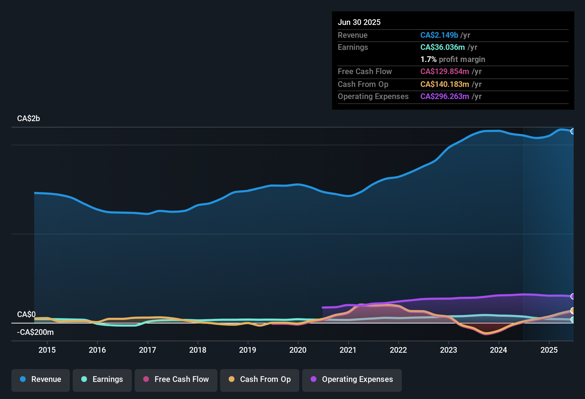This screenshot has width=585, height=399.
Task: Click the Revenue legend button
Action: pyautogui.click(x=41, y=379)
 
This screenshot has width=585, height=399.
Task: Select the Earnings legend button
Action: pyautogui.click(x=102, y=379)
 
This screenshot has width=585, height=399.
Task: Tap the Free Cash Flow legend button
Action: pyautogui.click(x=176, y=379)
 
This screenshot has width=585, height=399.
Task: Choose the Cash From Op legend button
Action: pyautogui.click(x=260, y=379)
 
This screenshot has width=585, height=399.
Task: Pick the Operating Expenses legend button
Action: pyautogui.click(x=352, y=379)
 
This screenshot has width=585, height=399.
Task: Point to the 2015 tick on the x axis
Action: pyautogui.click(x=47, y=350)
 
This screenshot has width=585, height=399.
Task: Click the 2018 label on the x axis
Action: pyautogui.click(x=198, y=350)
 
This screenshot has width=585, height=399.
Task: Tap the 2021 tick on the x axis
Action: pyautogui.click(x=348, y=350)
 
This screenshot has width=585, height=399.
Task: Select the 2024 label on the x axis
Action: pyautogui.click(x=498, y=350)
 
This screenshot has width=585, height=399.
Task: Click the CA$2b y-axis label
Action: pyautogui.click(x=29, y=119)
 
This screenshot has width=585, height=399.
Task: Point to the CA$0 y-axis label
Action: pyautogui.click(x=26, y=315)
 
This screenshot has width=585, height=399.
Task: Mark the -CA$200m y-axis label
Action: pyautogui.click(x=35, y=332)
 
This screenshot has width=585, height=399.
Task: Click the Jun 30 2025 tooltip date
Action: pyautogui.click(x=359, y=22)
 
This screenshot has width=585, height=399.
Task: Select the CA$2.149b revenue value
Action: pyautogui.click(x=439, y=35)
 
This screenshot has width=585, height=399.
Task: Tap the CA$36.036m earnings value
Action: pyautogui.click(x=442, y=47)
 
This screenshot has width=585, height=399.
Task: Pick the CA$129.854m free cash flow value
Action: pyautogui.click(x=445, y=72)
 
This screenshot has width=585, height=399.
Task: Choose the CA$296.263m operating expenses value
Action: pyautogui.click(x=445, y=97)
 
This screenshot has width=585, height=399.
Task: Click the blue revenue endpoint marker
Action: pyautogui.click(x=573, y=131)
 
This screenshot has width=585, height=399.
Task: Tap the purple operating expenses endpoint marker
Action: pyautogui.click(x=573, y=296)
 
